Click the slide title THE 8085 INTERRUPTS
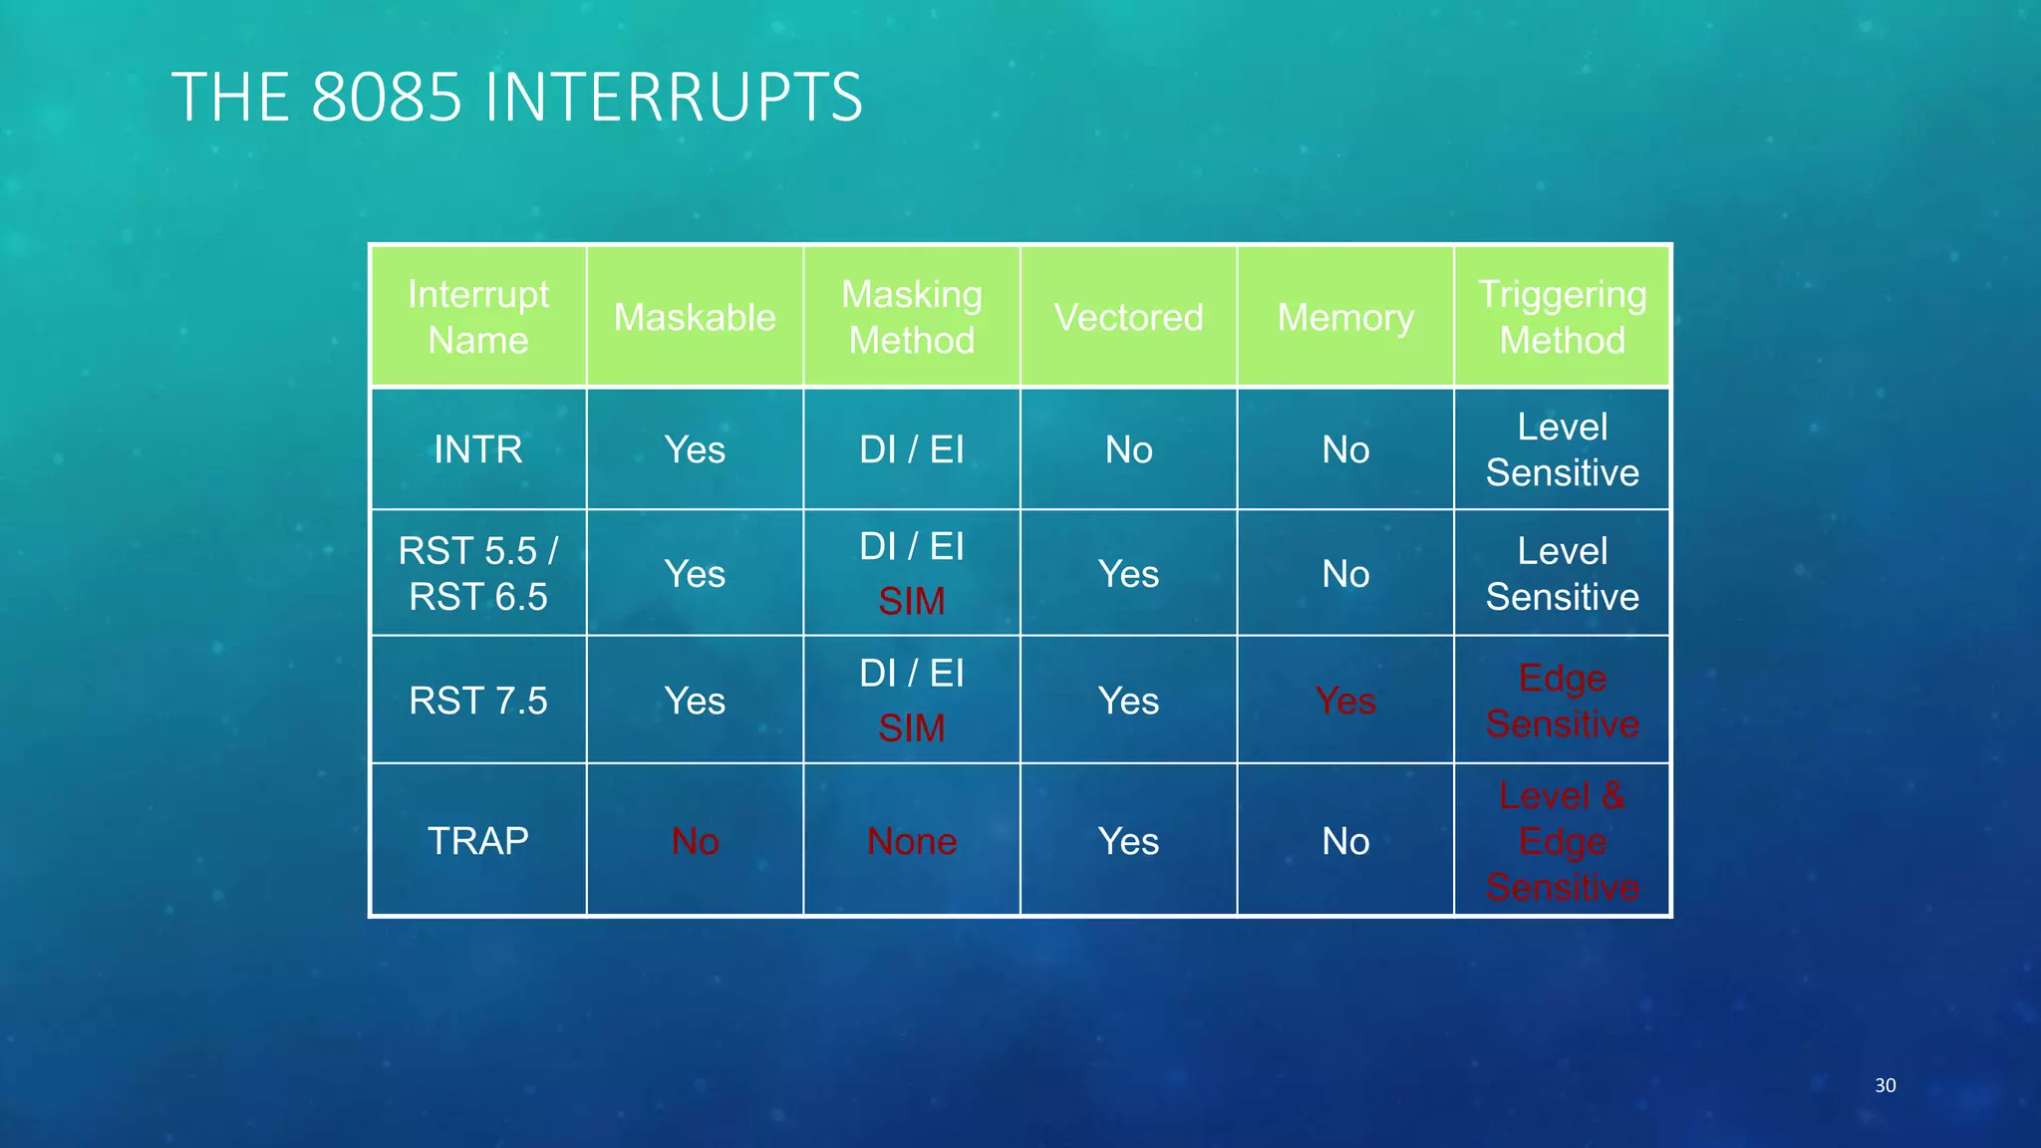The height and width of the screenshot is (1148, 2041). coord(516,98)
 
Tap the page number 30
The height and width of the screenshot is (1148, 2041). coord(1885,1085)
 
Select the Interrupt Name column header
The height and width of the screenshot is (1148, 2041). coord(478,317)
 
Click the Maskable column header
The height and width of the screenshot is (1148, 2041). coord(695,317)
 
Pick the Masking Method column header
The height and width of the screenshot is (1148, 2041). coord(912,317)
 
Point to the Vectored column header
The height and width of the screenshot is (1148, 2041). coord(1128,317)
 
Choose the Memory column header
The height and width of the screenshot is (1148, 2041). coord(1345,317)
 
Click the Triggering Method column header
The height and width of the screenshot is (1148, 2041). coord(1562,317)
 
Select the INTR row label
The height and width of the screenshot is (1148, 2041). coord(478,449)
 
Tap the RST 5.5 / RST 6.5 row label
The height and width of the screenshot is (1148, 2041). coord(478,573)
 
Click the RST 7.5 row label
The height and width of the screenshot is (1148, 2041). coord(478,701)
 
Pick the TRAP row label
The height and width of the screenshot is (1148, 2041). coord(478,841)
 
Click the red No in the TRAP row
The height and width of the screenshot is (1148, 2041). coord(695,841)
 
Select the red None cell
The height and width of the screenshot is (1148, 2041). coord(912,841)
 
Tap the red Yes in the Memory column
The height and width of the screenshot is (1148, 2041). coord(1345,701)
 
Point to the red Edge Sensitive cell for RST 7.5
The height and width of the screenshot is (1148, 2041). coord(1562,701)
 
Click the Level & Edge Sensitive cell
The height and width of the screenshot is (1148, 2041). coord(1562,841)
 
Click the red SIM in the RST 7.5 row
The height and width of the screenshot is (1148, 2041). coord(912,728)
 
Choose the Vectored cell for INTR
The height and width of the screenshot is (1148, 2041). coord(1128,449)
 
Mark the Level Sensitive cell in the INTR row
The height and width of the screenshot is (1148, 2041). coord(1562,449)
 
